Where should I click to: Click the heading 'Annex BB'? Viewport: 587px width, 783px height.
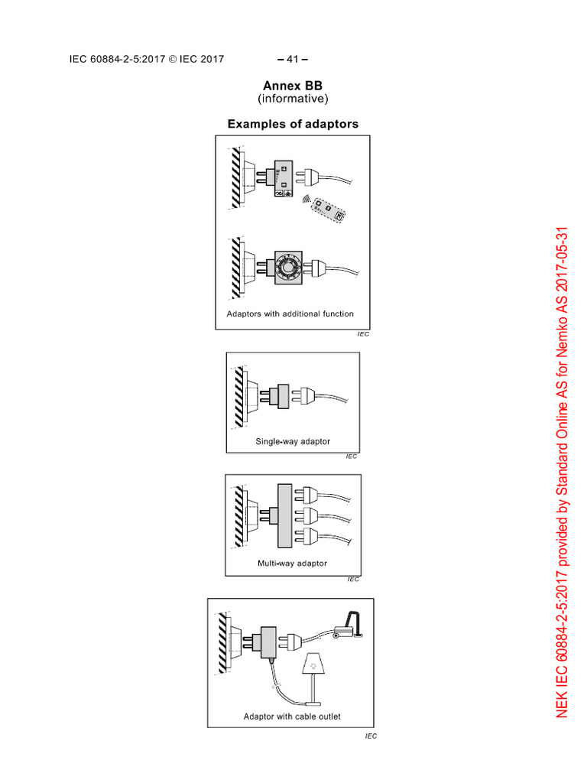click(x=293, y=86)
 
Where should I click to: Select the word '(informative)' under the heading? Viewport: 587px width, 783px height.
click(x=293, y=99)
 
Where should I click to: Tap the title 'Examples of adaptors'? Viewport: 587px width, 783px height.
click(x=293, y=124)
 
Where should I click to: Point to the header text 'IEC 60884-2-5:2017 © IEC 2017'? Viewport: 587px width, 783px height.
click(x=146, y=59)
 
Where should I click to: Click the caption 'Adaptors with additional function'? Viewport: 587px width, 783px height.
click(x=290, y=314)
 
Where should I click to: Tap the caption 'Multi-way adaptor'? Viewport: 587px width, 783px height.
click(x=292, y=564)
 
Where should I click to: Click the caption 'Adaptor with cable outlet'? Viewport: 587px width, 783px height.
click(x=292, y=716)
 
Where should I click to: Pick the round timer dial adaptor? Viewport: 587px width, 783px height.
click(x=290, y=267)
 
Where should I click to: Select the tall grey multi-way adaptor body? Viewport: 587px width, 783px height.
click(x=286, y=515)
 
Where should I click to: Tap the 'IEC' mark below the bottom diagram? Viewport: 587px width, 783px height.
click(x=371, y=736)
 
